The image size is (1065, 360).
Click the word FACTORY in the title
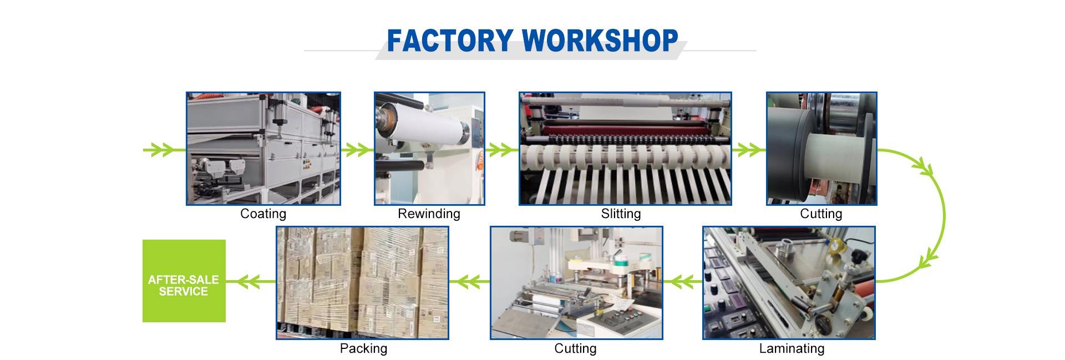click(x=449, y=40)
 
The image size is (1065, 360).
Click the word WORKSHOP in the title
click(x=600, y=40)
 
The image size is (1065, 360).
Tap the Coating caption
click(x=263, y=214)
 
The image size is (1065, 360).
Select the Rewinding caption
click(x=429, y=214)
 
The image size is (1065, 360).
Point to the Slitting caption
click(x=621, y=214)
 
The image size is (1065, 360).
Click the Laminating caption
click(x=792, y=348)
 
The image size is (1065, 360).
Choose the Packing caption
click(x=363, y=348)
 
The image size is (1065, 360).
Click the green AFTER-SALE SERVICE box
click(x=184, y=281)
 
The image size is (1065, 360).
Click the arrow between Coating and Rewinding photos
click(x=357, y=149)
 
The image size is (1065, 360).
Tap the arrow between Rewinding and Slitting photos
click(x=501, y=149)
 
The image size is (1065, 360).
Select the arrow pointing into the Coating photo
click(x=162, y=150)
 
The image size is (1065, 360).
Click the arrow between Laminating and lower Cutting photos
click(x=682, y=282)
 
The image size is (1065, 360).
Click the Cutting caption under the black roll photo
click(x=821, y=214)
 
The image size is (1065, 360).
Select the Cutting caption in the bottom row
click(x=575, y=348)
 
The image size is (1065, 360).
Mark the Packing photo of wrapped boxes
click(x=362, y=282)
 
